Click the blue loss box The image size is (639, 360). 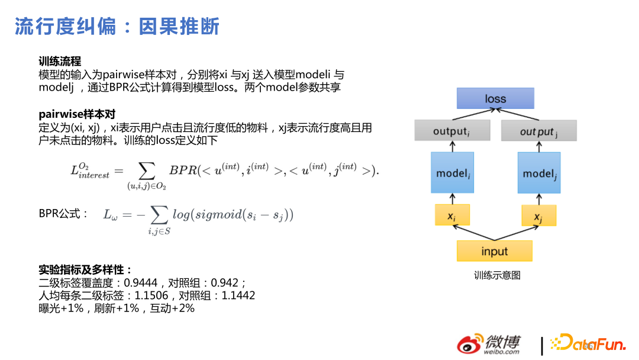495,98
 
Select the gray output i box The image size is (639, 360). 452,131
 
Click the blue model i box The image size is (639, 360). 453,173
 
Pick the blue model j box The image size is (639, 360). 539,173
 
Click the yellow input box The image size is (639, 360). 495,251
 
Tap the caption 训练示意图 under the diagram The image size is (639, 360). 496,275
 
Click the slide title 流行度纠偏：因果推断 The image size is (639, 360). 117,27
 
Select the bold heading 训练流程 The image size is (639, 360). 60,62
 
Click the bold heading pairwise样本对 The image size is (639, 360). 77,114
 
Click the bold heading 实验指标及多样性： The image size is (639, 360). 85,269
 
